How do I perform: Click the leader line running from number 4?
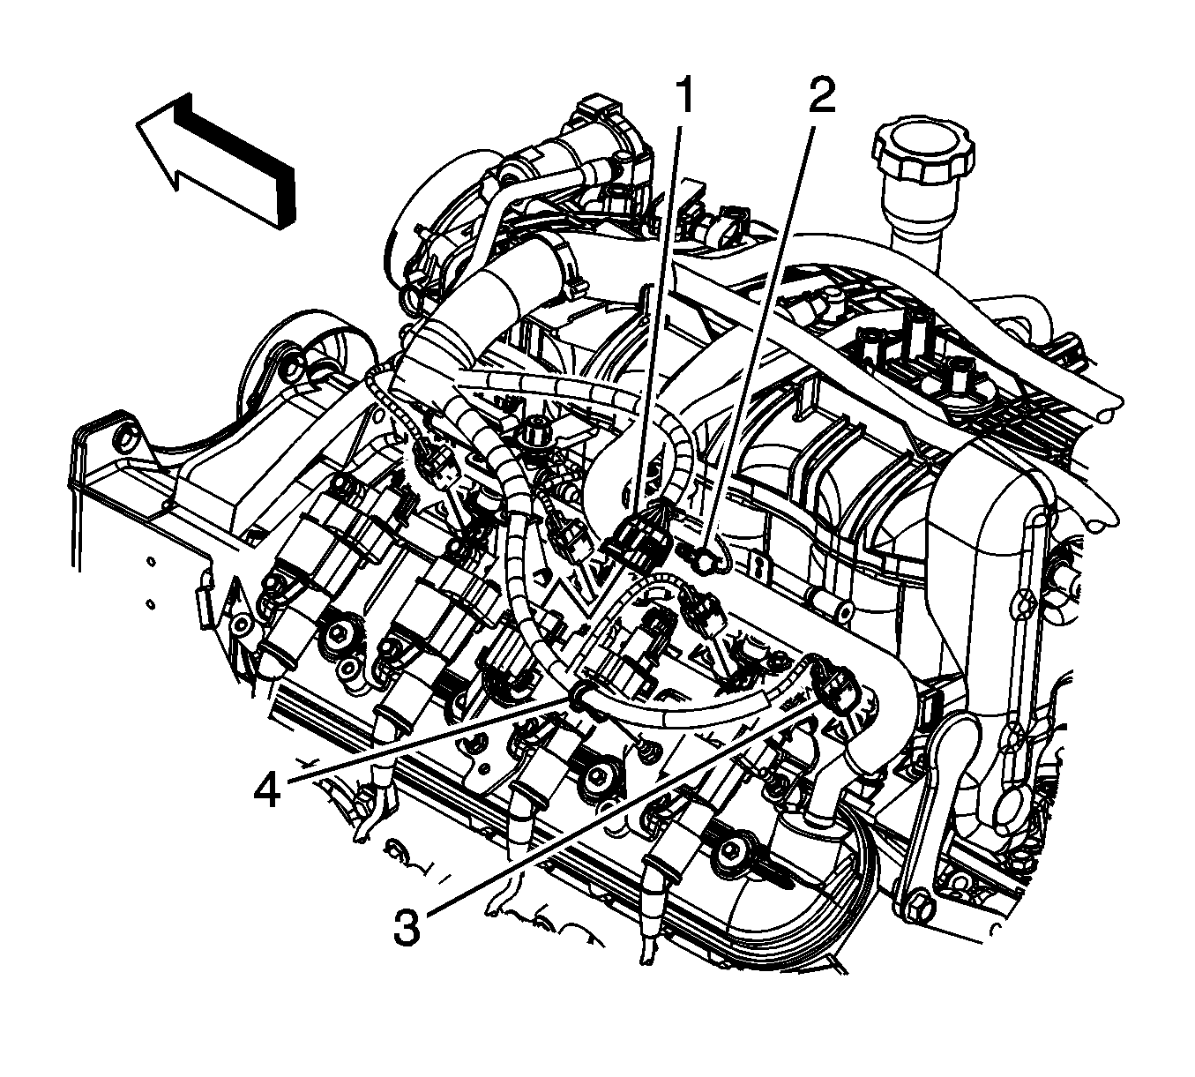coord(423,742)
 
